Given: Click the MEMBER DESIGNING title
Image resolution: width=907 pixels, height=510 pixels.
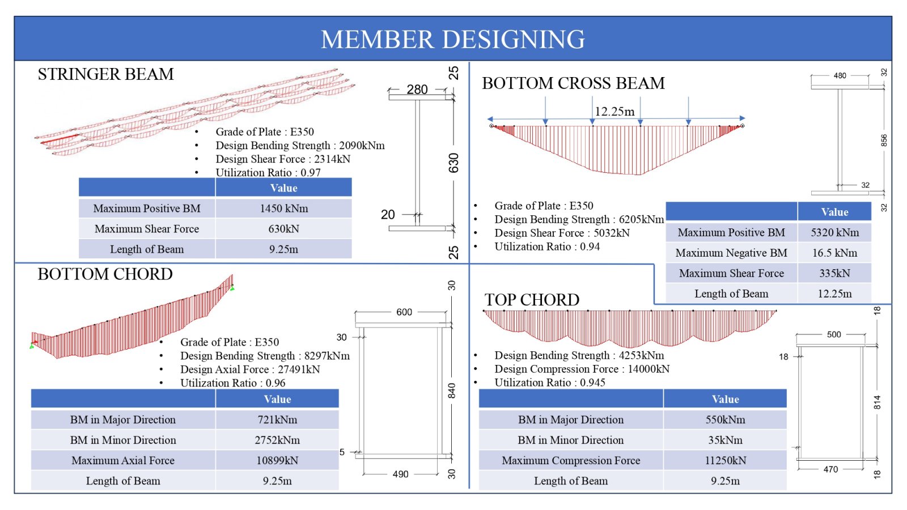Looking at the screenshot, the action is [x=453, y=39].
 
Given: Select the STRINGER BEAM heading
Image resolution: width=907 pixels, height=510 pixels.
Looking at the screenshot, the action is [x=105, y=74].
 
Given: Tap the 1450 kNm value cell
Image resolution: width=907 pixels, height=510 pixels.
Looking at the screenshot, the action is [x=284, y=209].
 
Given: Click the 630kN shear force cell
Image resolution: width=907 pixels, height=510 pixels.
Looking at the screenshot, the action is [x=284, y=229].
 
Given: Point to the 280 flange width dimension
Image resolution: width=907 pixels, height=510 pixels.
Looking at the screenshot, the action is [x=417, y=90].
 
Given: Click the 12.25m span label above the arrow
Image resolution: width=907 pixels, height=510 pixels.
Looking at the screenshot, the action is [x=614, y=111].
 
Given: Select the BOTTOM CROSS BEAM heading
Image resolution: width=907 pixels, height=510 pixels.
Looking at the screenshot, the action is [x=573, y=83].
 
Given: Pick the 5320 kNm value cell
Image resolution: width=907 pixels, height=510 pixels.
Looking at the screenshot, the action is [x=834, y=232].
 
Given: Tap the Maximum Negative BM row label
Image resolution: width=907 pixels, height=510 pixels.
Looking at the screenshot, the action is [x=731, y=253].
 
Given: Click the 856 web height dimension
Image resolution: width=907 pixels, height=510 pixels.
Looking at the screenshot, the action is [x=884, y=140].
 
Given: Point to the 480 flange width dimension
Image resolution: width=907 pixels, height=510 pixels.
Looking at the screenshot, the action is [x=840, y=76].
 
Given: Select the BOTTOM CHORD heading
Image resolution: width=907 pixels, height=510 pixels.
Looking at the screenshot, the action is [x=105, y=274].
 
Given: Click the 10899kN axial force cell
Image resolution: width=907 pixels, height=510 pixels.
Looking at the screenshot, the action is [x=277, y=461].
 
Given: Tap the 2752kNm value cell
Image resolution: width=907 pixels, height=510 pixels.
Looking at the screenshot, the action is [x=277, y=440].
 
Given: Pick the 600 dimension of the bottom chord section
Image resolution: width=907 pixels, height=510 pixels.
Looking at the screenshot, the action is [x=404, y=312].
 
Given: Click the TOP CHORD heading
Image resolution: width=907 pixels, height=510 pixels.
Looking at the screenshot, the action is [x=532, y=300].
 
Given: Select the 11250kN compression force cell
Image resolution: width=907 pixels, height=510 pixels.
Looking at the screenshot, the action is [x=725, y=461].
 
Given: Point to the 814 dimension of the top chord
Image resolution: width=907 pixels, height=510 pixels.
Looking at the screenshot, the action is [x=876, y=402].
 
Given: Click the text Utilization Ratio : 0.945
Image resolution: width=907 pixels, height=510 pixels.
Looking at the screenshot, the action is [x=550, y=382].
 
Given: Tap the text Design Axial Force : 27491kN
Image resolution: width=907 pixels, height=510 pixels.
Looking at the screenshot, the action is [x=250, y=369].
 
